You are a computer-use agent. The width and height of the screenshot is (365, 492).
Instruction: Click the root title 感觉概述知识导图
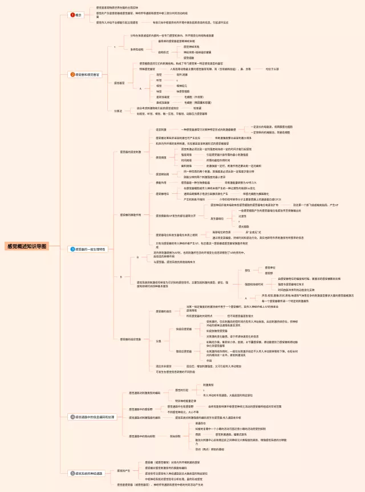pos(27,246)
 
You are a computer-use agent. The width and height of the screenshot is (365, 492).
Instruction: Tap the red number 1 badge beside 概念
pos(72,14)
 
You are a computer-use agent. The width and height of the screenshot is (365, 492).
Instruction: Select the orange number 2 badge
pos(72,74)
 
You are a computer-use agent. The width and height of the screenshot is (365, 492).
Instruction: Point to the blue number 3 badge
pos(72,249)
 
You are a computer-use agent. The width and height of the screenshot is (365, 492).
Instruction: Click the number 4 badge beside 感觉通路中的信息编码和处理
pos(72,417)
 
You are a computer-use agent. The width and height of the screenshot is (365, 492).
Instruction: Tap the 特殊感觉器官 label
pos(148,68)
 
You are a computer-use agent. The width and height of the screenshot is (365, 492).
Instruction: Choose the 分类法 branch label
pos(119,111)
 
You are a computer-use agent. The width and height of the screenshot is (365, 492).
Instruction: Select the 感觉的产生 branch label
pos(123,470)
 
